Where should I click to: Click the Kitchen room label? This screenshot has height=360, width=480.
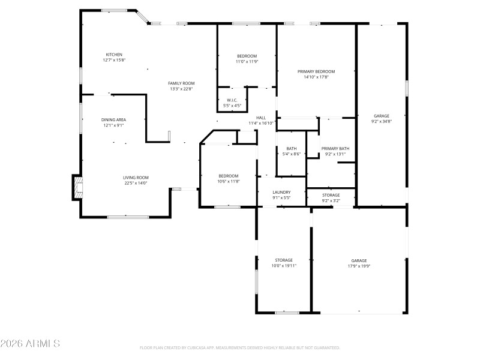(x=114, y=55)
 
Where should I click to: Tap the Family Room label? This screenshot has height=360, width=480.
(x=181, y=83)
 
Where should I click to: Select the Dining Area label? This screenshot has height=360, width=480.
(x=113, y=119)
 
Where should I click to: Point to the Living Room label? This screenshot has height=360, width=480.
(x=136, y=178)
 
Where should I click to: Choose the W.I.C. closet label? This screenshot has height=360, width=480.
(x=232, y=100)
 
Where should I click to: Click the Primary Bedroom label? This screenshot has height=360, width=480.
(x=316, y=71)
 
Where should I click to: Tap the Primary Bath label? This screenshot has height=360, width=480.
(x=335, y=148)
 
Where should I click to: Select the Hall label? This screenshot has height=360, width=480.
(x=261, y=118)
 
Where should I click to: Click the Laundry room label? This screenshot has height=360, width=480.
(x=281, y=192)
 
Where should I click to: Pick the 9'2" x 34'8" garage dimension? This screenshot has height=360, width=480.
(x=382, y=121)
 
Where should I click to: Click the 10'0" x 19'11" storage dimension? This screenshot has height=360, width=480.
(x=284, y=265)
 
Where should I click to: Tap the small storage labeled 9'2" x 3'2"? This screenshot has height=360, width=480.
(x=331, y=200)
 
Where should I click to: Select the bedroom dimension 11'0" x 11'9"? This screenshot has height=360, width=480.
(x=246, y=61)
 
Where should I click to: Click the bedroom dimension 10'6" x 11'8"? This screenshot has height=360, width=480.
(x=228, y=181)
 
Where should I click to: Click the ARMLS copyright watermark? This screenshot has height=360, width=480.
(x=30, y=344)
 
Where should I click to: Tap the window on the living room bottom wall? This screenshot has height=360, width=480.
(x=128, y=217)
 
